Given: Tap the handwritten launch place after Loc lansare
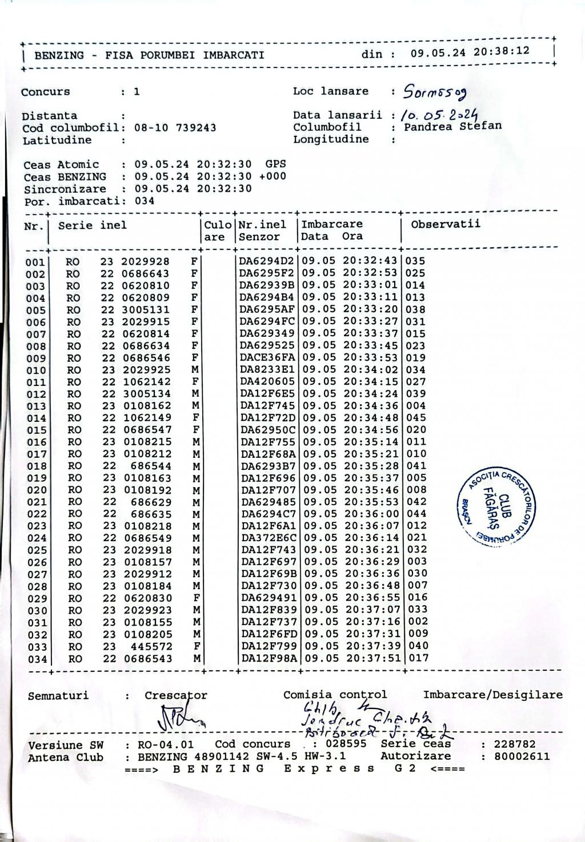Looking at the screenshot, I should (x=435, y=91).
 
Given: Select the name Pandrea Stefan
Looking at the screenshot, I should (x=452, y=126).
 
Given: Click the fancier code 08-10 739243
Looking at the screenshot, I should (x=175, y=128).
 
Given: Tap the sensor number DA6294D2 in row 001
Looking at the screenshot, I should (x=266, y=261).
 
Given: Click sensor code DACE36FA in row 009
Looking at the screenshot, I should (x=267, y=358).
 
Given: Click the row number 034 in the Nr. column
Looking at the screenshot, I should (x=36, y=659).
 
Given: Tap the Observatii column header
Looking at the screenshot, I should (x=445, y=224).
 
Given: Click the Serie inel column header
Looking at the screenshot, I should (x=92, y=225).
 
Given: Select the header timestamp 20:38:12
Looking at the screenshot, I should (x=501, y=51).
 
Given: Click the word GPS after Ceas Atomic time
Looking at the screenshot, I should (x=275, y=164).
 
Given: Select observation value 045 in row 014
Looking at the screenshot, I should (x=416, y=418).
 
